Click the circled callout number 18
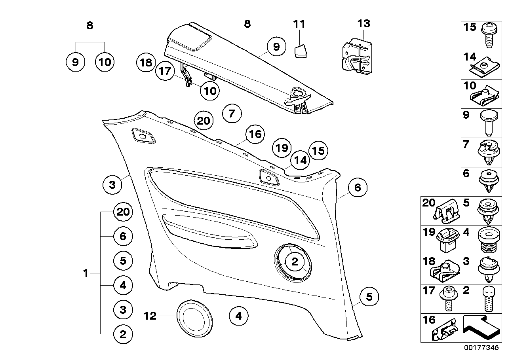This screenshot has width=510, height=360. (x=146, y=62)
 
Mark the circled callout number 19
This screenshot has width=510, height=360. (x=282, y=148)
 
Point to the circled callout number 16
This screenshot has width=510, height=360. (x=255, y=135)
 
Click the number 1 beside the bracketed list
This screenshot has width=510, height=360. (x=85, y=273)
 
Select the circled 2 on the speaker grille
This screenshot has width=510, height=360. (x=295, y=261)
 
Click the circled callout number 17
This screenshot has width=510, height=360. (x=165, y=72)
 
